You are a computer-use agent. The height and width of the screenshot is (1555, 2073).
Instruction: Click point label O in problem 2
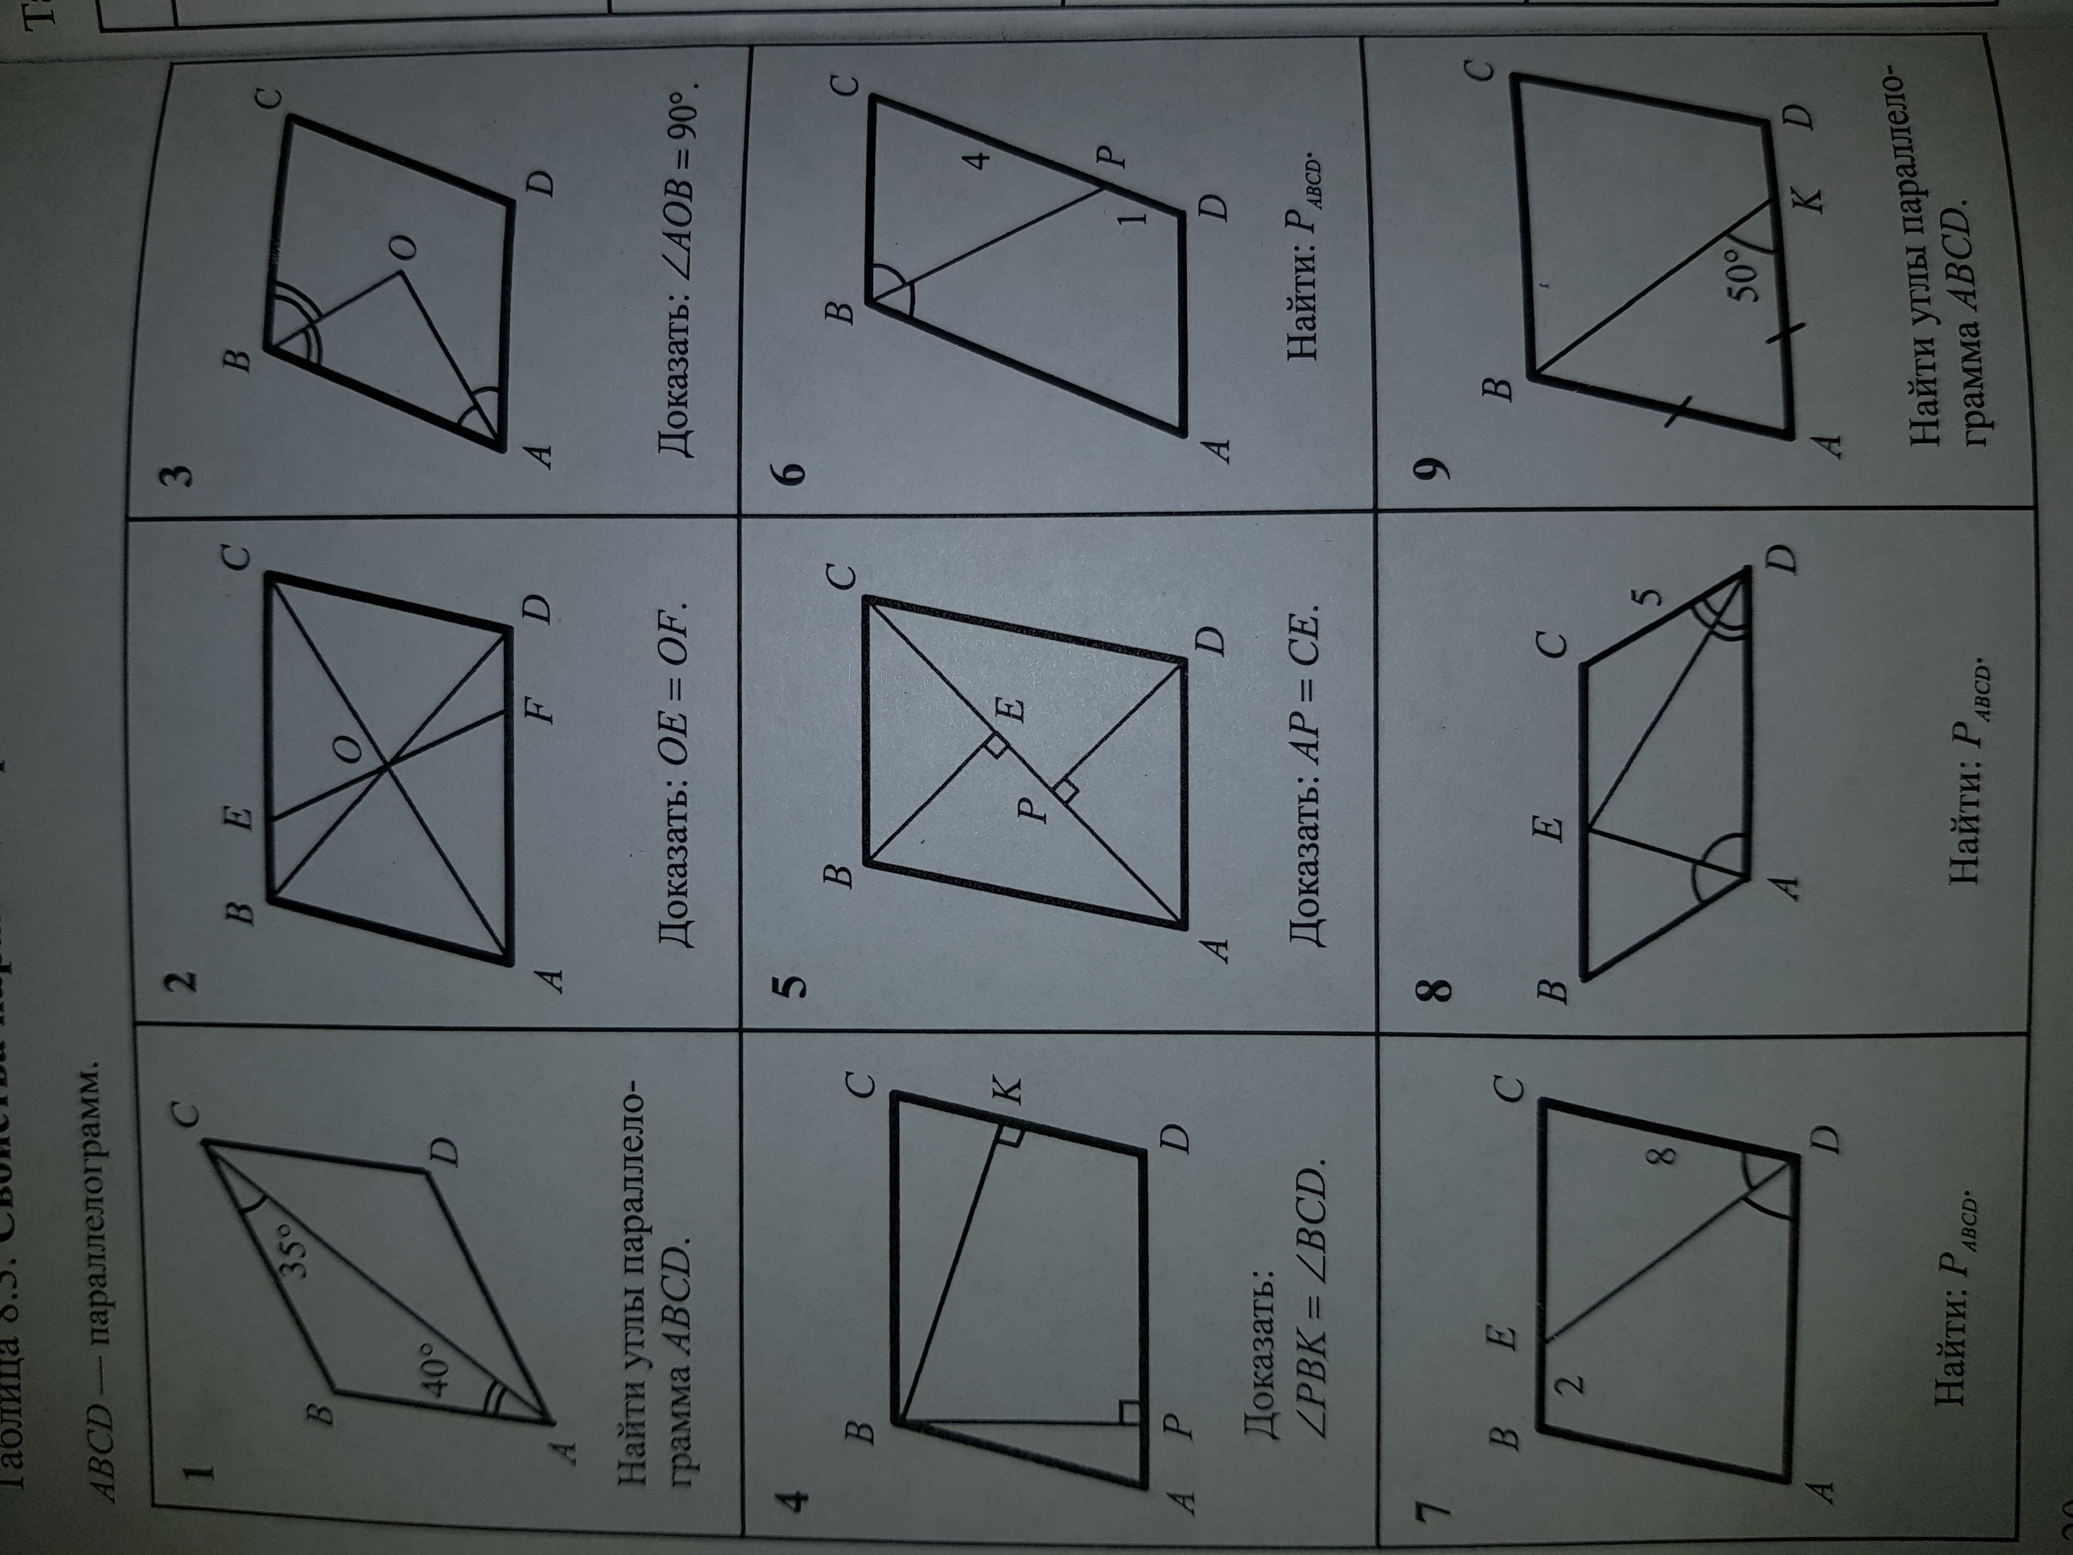point(348,748)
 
